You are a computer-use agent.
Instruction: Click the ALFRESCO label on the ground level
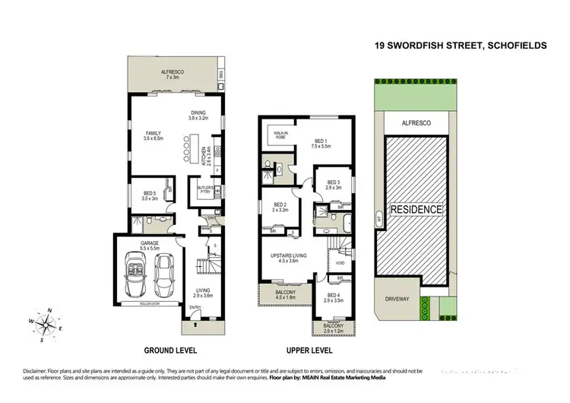click(169, 74)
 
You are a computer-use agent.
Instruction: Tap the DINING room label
click(198, 115)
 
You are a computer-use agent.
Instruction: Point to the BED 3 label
click(333, 183)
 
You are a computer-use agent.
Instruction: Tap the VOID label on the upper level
click(340, 263)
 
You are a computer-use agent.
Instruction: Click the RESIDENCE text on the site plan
click(416, 209)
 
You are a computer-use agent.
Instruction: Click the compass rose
click(48, 322)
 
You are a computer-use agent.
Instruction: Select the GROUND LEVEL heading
click(171, 351)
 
